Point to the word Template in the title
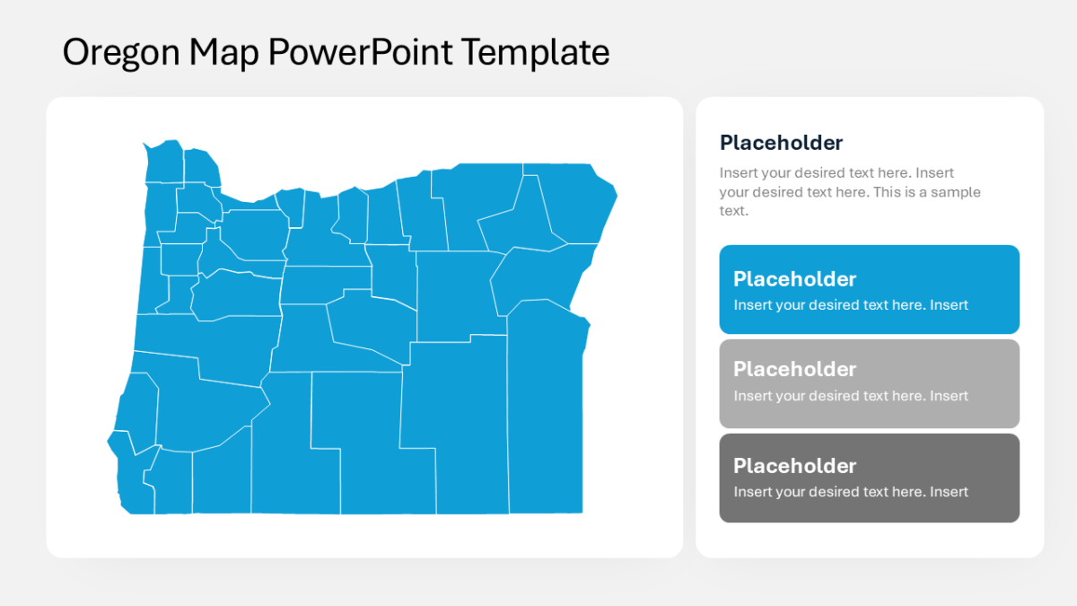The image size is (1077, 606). [x=536, y=53]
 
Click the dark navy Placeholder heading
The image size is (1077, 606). [x=781, y=143]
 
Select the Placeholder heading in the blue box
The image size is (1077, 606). [x=794, y=279]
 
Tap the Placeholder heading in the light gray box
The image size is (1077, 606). [x=794, y=369]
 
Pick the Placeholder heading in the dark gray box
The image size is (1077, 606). [x=794, y=466]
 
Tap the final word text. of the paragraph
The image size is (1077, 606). [x=733, y=211]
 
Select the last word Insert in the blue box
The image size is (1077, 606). [x=949, y=305]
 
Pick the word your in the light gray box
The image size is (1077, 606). [x=791, y=396]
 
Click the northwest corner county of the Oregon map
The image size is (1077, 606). [x=164, y=162]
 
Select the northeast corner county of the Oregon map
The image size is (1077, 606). [x=579, y=202]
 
